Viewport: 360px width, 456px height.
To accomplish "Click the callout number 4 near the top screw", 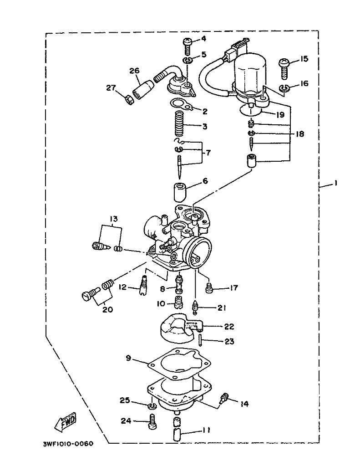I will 203,39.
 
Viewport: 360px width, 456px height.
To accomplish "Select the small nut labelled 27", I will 129,98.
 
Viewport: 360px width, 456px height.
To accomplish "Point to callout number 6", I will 205,181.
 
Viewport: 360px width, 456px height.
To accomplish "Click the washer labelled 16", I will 284,88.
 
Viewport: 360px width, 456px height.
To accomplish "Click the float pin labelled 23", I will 200,339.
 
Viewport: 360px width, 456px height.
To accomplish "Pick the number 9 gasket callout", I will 129,359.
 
